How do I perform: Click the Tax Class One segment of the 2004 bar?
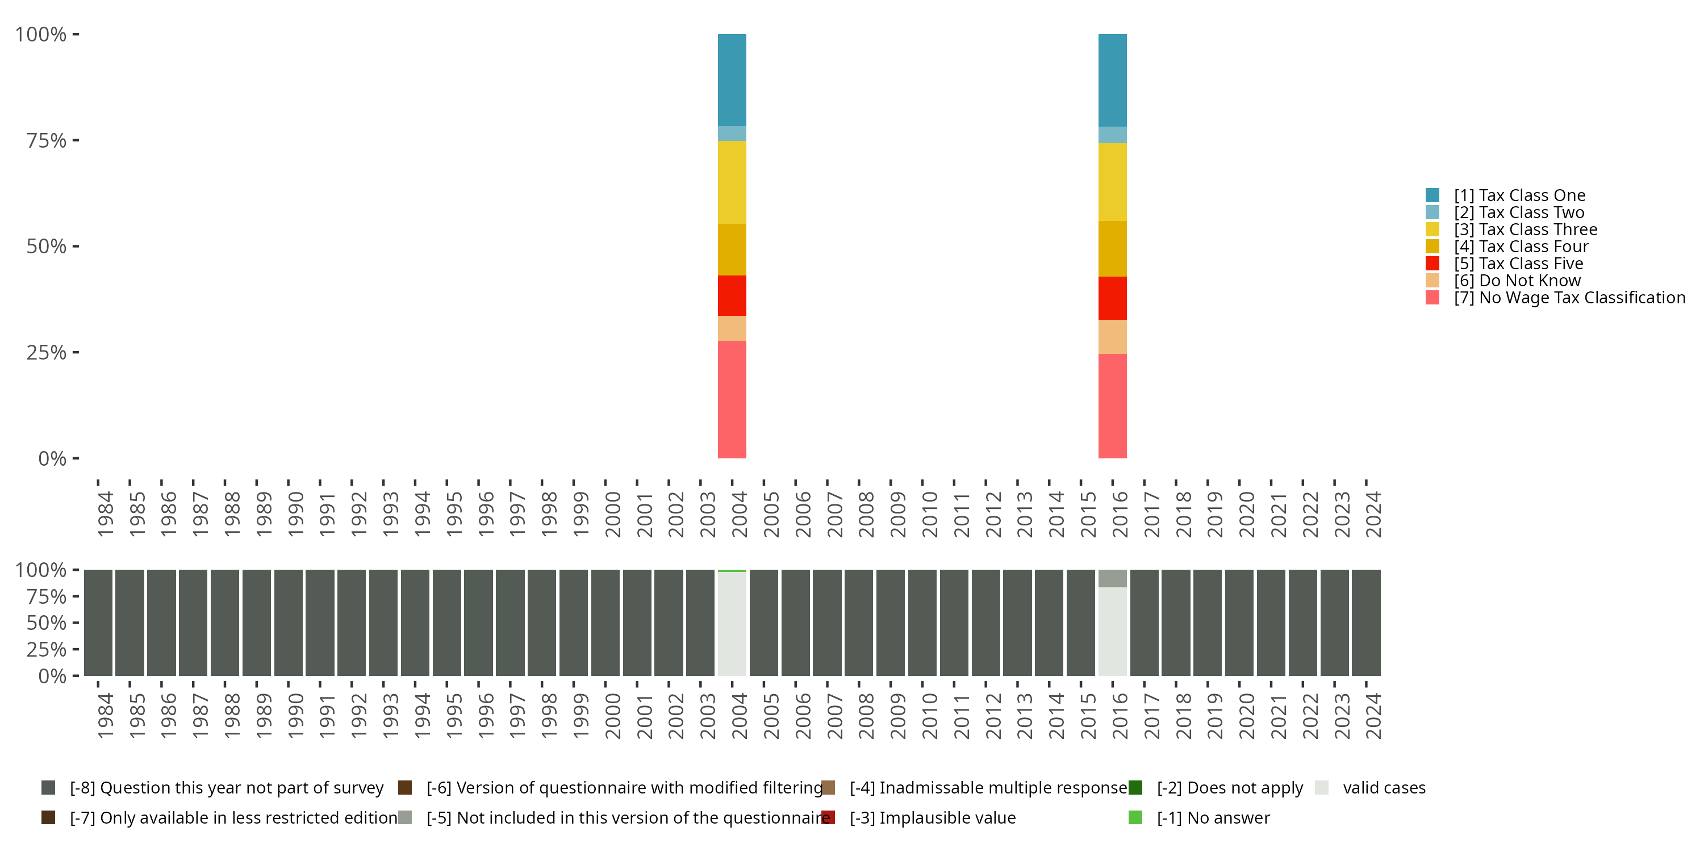coord(732,80)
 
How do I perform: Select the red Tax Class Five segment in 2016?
coord(1112,298)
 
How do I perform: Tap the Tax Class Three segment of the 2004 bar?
coord(732,182)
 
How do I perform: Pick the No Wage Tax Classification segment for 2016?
coord(1112,406)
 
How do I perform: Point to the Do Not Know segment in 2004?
coord(732,328)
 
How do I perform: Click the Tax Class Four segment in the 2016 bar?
coord(1112,249)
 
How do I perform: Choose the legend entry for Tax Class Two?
coord(1519,212)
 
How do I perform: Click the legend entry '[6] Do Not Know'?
coord(1517,281)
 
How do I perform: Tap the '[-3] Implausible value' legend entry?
coord(932,817)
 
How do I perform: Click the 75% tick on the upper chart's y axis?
coord(47,140)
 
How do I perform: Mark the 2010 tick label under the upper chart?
coord(929,514)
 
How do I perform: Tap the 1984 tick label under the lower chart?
coord(105,716)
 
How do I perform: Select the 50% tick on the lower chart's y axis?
coord(47,623)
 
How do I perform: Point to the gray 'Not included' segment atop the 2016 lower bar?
coord(1112,578)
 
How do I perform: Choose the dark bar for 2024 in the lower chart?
coord(1365,623)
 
